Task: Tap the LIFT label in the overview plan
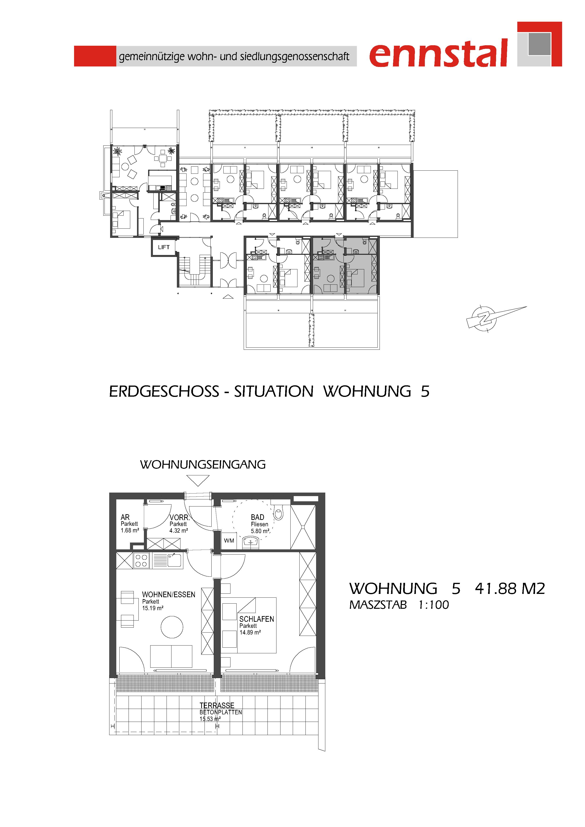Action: click(164, 247)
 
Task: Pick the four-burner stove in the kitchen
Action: click(141, 561)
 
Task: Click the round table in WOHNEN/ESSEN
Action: click(172, 627)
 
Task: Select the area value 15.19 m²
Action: click(153, 608)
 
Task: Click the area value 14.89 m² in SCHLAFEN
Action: click(250, 632)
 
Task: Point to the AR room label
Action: click(125, 517)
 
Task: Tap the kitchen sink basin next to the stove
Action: click(174, 561)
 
